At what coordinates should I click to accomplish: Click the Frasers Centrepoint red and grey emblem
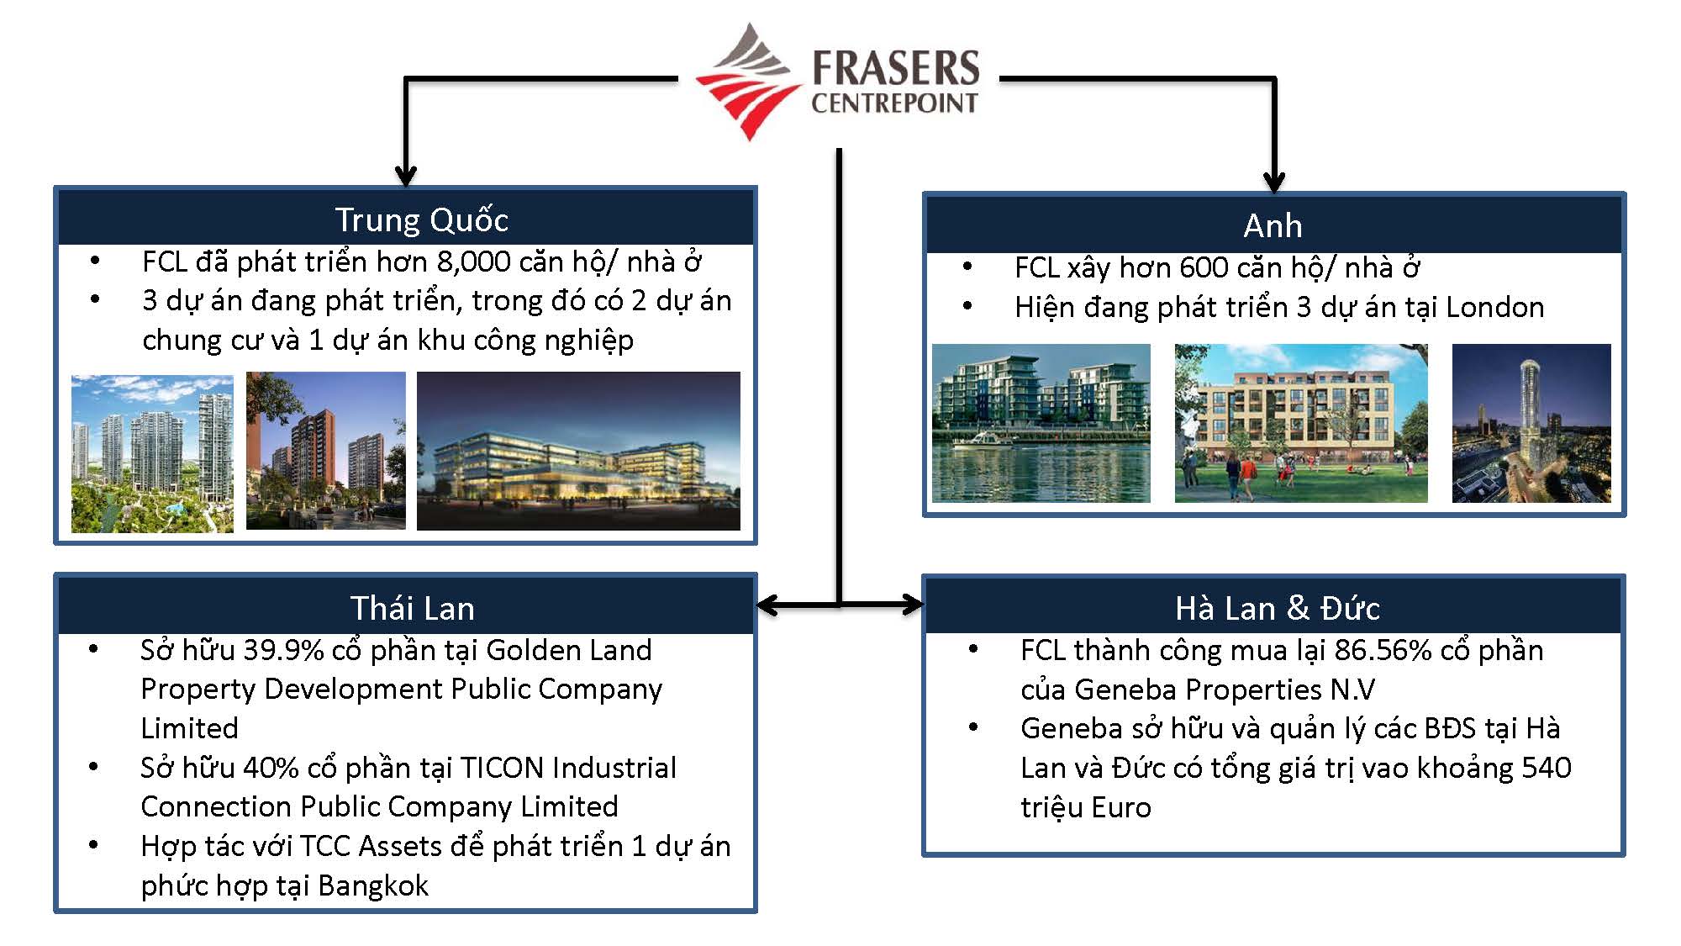tap(746, 82)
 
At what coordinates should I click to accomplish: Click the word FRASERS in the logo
tap(895, 67)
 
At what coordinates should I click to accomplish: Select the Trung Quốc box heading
tap(422, 219)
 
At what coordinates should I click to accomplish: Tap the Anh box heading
tap(1273, 225)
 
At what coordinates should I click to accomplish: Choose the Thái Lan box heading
tap(412, 608)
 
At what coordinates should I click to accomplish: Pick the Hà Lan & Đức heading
tap(1277, 608)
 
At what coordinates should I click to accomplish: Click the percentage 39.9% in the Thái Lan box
tap(283, 650)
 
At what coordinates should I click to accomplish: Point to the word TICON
tap(502, 768)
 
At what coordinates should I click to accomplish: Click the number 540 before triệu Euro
tap(1546, 768)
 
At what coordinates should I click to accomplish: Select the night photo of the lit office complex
tap(578, 451)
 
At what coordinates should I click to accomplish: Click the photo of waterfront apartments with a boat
tap(1041, 423)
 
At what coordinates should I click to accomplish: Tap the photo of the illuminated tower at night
tap(1531, 423)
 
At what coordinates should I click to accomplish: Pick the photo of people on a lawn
tap(1300, 423)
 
